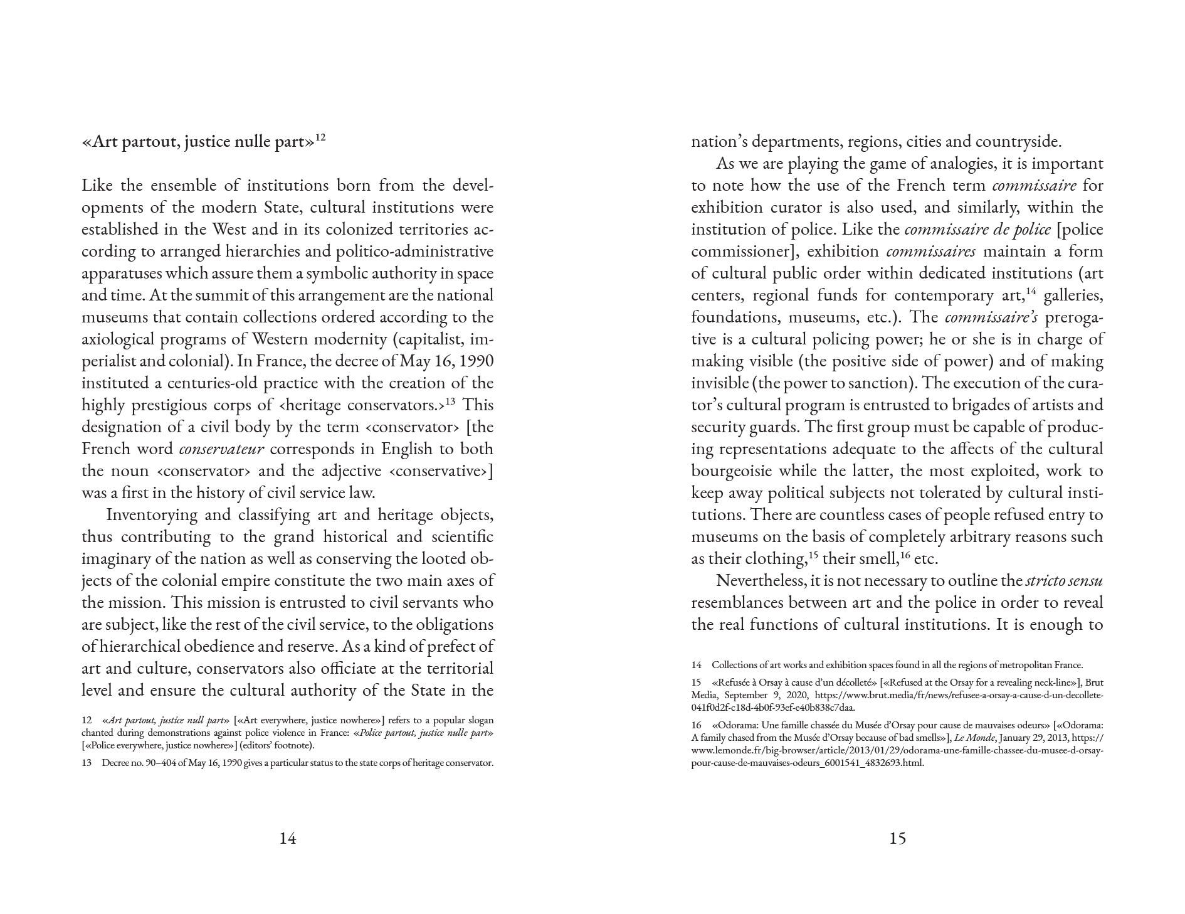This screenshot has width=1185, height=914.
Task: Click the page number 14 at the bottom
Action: point(288,838)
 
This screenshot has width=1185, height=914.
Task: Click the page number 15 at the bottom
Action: point(897,838)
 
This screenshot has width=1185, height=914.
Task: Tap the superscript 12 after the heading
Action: point(320,137)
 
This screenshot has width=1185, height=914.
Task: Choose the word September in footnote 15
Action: point(744,695)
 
